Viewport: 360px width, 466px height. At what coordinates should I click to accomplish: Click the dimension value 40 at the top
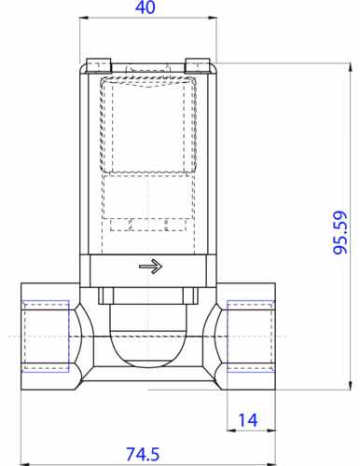145,7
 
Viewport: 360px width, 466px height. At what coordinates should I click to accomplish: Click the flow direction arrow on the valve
149,267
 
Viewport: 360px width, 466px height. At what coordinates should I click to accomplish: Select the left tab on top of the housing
97,64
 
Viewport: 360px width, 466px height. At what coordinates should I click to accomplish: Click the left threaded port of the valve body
44,335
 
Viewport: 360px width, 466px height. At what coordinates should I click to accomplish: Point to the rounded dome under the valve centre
149,345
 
